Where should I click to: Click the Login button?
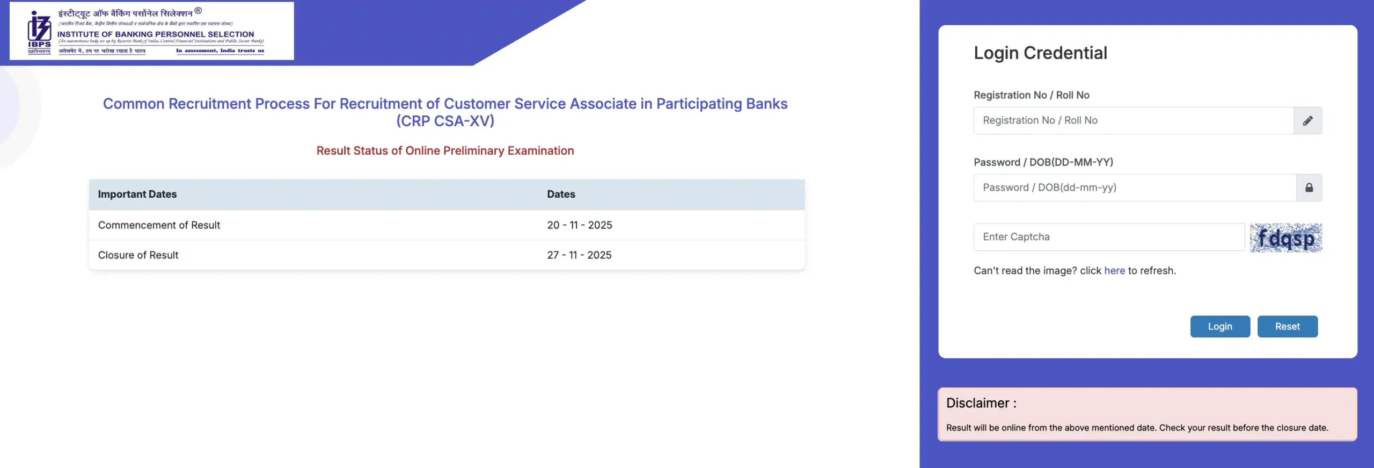point(1219,327)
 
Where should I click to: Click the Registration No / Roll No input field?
point(1133,120)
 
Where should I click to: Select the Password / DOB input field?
point(1134,188)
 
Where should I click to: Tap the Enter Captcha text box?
point(1108,237)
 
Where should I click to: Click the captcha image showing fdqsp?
point(1285,238)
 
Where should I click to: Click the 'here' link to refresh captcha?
point(1114,271)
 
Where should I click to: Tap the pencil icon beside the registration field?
point(1308,120)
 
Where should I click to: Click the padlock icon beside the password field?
point(1309,188)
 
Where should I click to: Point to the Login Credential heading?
point(1040,53)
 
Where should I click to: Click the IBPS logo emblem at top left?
point(39,31)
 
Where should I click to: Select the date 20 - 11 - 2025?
point(580,225)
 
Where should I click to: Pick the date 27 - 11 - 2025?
point(579,255)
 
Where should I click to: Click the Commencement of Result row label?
point(159,225)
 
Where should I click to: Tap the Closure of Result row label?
point(138,255)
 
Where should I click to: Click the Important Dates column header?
point(137,195)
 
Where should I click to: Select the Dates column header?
point(561,195)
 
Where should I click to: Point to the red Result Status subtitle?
point(445,151)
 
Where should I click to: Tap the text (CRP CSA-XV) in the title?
point(445,121)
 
